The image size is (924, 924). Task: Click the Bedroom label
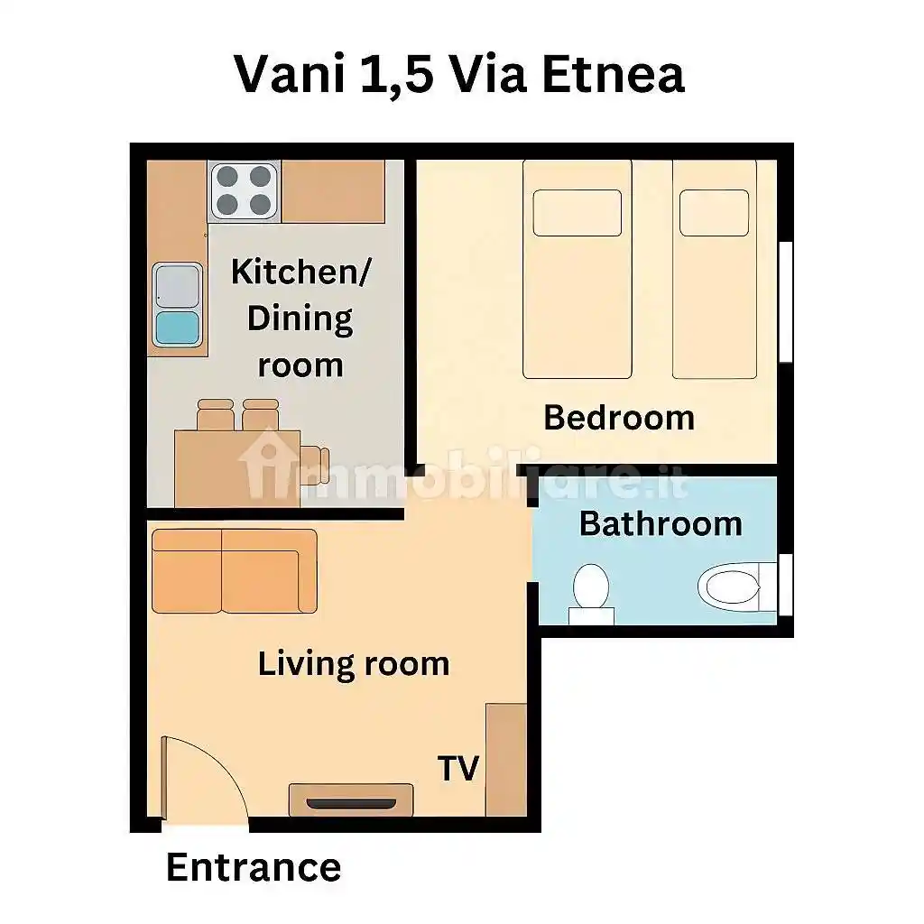pyautogui.click(x=619, y=417)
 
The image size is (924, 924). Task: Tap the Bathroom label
pyautogui.click(x=661, y=523)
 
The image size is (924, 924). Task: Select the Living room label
pyautogui.click(x=354, y=664)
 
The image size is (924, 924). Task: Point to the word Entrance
pyautogui.click(x=254, y=867)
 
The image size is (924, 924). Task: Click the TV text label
pyautogui.click(x=457, y=769)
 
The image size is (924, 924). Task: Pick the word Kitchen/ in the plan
pyautogui.click(x=300, y=272)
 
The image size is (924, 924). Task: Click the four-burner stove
pyautogui.click(x=244, y=191)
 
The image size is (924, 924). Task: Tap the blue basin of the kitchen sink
pyautogui.click(x=177, y=328)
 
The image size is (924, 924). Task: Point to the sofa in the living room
pyautogui.click(x=235, y=571)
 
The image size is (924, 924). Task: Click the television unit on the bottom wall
pyautogui.click(x=351, y=799)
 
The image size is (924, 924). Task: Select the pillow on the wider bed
pyautogui.click(x=577, y=213)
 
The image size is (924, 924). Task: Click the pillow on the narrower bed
pyautogui.click(x=715, y=213)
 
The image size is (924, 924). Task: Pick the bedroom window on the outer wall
pyautogui.click(x=786, y=301)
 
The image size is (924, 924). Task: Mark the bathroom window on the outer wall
pyautogui.click(x=786, y=584)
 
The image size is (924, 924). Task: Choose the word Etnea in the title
pyautogui.click(x=613, y=74)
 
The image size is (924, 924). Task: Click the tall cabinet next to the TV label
pyautogui.click(x=506, y=760)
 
